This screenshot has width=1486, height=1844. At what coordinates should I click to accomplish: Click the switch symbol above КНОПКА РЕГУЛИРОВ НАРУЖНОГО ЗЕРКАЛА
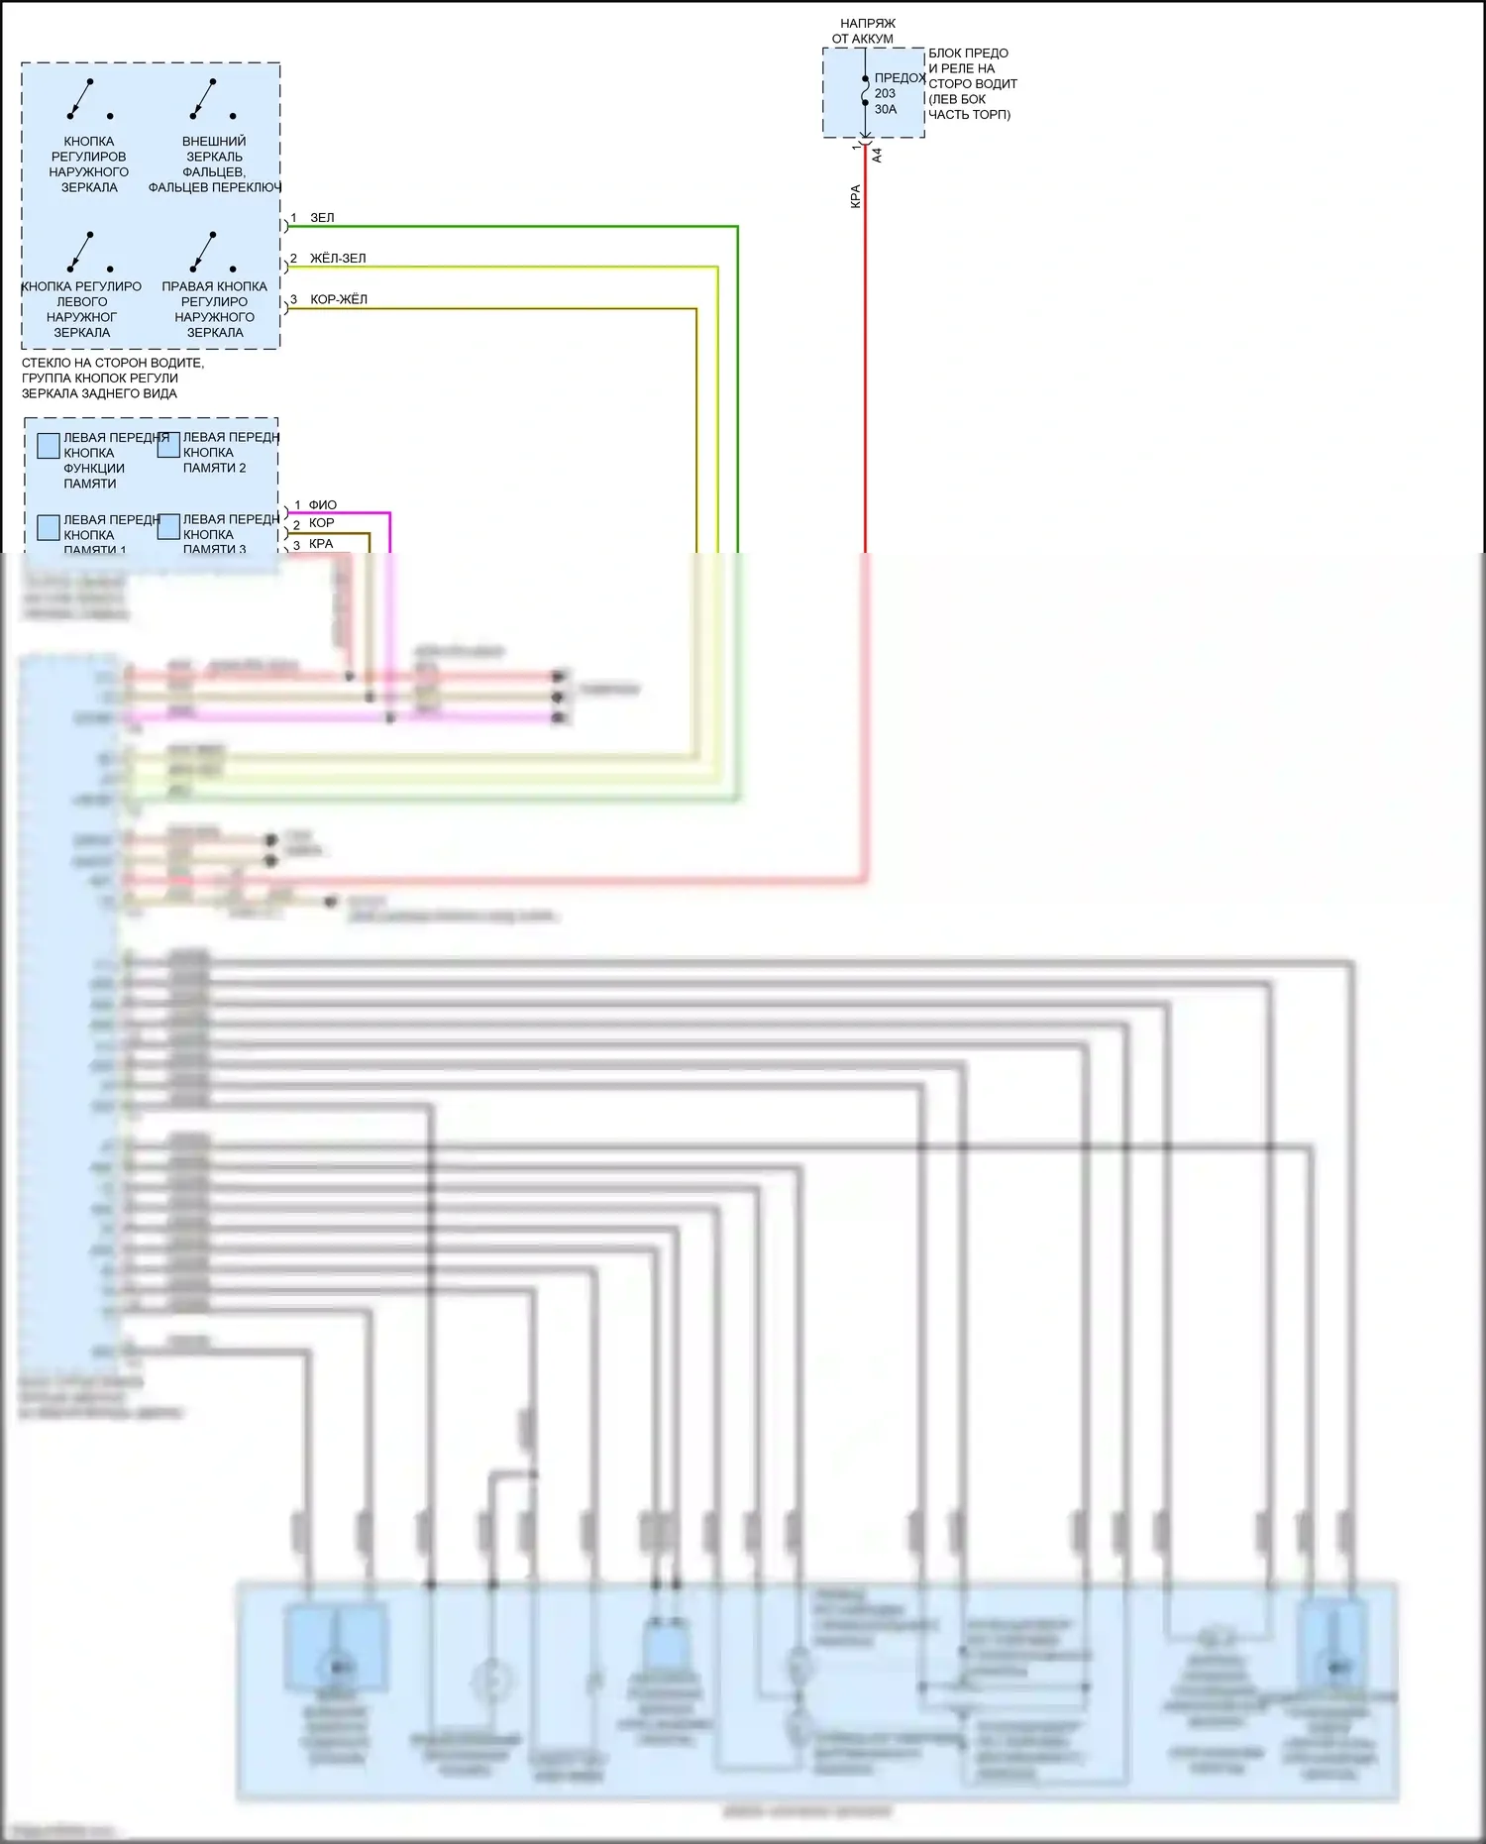tap(85, 99)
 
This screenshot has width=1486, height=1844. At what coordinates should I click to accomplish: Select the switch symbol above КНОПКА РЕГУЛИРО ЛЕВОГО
tap(85, 252)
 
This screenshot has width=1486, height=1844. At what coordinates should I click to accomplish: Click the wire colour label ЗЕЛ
tap(322, 218)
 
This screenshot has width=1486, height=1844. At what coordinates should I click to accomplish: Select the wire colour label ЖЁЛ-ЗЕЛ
tap(338, 259)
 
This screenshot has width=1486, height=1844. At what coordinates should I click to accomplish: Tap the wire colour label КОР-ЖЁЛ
tap(339, 299)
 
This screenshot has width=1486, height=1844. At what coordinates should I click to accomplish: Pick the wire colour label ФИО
tap(322, 505)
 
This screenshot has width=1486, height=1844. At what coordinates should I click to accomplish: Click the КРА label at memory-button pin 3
tap(321, 544)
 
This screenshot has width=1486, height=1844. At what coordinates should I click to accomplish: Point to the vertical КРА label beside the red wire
tap(856, 196)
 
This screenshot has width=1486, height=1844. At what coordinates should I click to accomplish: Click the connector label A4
tap(877, 156)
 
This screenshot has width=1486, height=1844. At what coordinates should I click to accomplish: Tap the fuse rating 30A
tap(886, 109)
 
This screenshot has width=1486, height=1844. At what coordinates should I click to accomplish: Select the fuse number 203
tap(885, 93)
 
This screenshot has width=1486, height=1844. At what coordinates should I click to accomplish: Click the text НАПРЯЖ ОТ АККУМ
tap(865, 31)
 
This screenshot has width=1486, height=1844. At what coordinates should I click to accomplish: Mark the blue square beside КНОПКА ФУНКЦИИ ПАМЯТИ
tap(49, 446)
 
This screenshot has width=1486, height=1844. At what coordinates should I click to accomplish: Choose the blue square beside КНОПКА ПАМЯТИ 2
tap(169, 445)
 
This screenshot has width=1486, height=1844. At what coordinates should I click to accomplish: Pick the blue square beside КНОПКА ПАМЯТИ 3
tap(169, 526)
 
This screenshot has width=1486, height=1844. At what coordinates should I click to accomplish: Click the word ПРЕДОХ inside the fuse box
tap(900, 77)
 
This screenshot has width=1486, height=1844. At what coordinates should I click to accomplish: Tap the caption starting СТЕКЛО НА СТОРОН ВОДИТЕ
tap(112, 378)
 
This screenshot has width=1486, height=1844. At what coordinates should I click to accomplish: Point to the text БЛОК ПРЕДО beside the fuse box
tap(968, 54)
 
